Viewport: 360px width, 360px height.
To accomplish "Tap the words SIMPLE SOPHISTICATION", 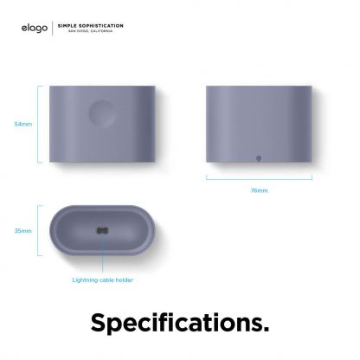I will tap(91, 26).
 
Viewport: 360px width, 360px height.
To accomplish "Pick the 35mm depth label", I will tap(24, 231).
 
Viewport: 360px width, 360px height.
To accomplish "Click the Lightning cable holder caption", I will tap(101, 280).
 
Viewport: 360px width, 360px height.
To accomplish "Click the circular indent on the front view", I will tap(104, 115).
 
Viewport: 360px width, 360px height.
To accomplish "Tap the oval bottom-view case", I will tap(104, 228).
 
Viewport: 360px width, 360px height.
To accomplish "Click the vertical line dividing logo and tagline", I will tap(52, 28).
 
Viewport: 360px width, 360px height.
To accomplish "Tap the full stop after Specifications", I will tap(266, 330).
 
